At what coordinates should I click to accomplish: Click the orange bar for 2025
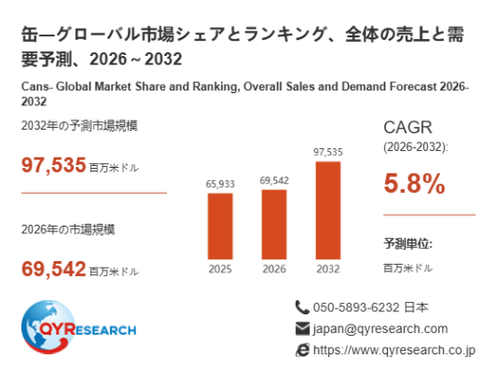[x=220, y=227]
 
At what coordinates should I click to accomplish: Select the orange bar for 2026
[x=274, y=225]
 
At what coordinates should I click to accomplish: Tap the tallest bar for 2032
[x=328, y=211]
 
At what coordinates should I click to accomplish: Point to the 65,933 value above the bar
[x=220, y=184]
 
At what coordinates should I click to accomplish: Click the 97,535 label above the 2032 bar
[x=328, y=152]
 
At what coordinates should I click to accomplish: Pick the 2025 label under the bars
[x=220, y=269]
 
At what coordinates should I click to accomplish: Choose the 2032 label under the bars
[x=328, y=269]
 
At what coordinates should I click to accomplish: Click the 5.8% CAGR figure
[x=414, y=184]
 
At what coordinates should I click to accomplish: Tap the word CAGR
[x=407, y=128]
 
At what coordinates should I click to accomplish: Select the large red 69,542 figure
[x=53, y=269]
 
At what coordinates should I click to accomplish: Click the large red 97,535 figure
[x=53, y=165]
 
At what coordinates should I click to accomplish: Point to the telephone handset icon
[x=302, y=307]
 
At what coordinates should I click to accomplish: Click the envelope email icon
[x=302, y=328]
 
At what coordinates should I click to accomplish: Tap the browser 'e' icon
[x=302, y=351]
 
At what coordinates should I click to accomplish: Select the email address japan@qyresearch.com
[x=380, y=329]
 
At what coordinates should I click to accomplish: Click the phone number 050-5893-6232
[x=356, y=308]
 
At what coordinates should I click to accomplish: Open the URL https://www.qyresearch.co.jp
[x=394, y=351]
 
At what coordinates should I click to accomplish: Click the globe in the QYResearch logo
[x=48, y=327]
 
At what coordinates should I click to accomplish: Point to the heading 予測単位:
[x=407, y=243]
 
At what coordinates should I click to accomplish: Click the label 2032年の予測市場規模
[x=79, y=126]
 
